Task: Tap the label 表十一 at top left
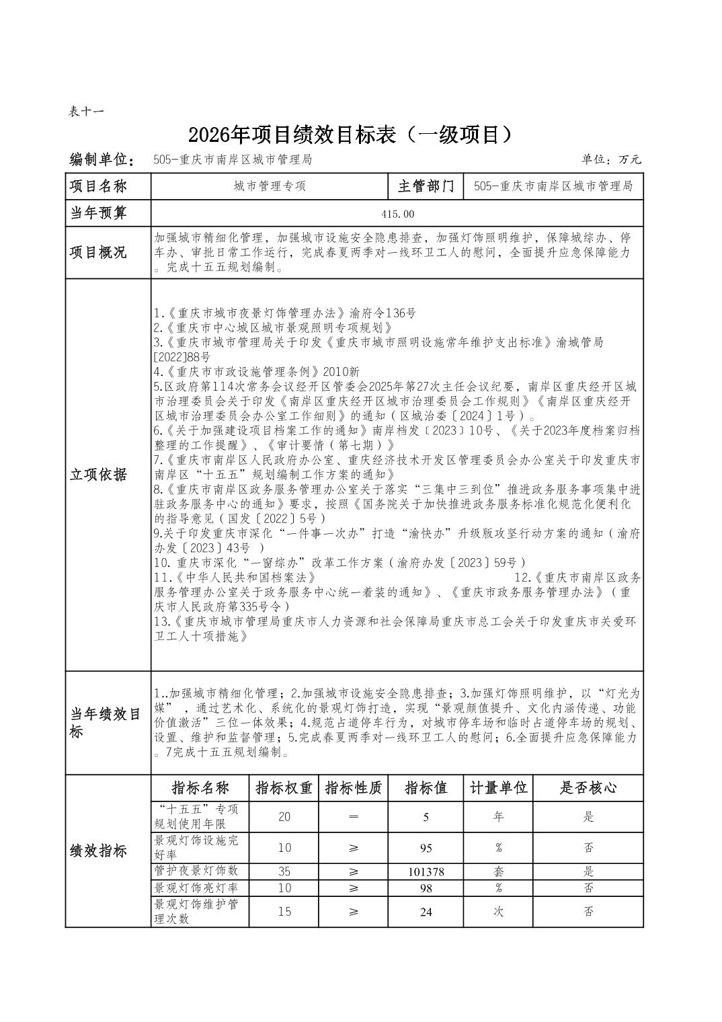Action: [x=86, y=112]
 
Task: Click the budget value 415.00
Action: [x=398, y=214]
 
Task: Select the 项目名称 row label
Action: [x=99, y=186]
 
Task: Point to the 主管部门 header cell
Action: [x=426, y=186]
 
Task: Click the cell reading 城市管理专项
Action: [x=270, y=186]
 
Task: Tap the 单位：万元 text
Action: [x=611, y=159]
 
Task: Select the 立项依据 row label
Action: [x=99, y=474]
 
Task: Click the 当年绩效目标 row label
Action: [x=106, y=723]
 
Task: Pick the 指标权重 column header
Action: [x=284, y=787]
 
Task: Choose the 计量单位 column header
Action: [x=498, y=787]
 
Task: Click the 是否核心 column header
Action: [x=588, y=787]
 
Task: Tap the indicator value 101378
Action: [x=426, y=872]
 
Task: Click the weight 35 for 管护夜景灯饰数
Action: [x=284, y=871]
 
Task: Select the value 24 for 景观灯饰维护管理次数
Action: [x=426, y=912]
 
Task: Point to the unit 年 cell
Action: [x=498, y=817]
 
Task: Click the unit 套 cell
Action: [x=498, y=871]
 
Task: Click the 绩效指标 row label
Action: [x=99, y=851]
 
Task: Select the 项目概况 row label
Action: [x=99, y=252]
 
